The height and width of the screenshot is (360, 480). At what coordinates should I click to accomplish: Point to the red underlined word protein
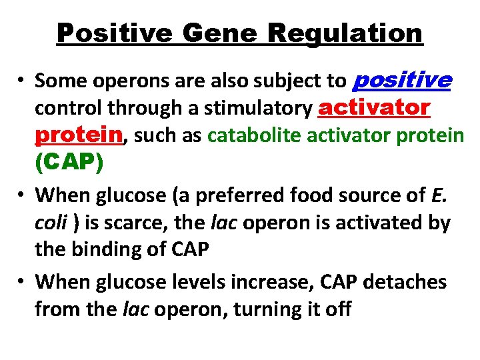pyautogui.click(x=79, y=135)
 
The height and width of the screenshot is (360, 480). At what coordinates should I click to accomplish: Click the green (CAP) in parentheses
pyautogui.click(x=69, y=163)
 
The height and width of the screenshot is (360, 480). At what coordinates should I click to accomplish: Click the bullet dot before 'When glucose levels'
pyautogui.click(x=23, y=282)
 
